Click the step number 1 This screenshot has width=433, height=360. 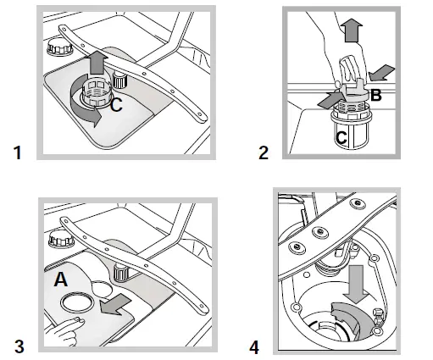(16, 153)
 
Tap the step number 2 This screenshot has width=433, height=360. (264, 153)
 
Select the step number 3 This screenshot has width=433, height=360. (16, 346)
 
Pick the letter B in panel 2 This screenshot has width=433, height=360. (376, 95)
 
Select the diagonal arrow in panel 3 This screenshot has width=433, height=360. (113, 302)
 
